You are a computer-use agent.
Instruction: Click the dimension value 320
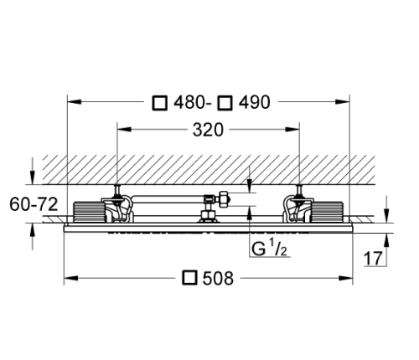pos(208,130)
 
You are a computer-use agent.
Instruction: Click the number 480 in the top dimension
pos(192,103)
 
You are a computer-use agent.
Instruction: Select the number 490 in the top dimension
pos(253,103)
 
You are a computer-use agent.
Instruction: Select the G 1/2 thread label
pos(269,249)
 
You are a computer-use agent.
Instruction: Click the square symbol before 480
pos(160,103)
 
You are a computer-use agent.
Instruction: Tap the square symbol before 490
pos(225,103)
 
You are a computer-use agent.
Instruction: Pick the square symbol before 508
pos(190,277)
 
